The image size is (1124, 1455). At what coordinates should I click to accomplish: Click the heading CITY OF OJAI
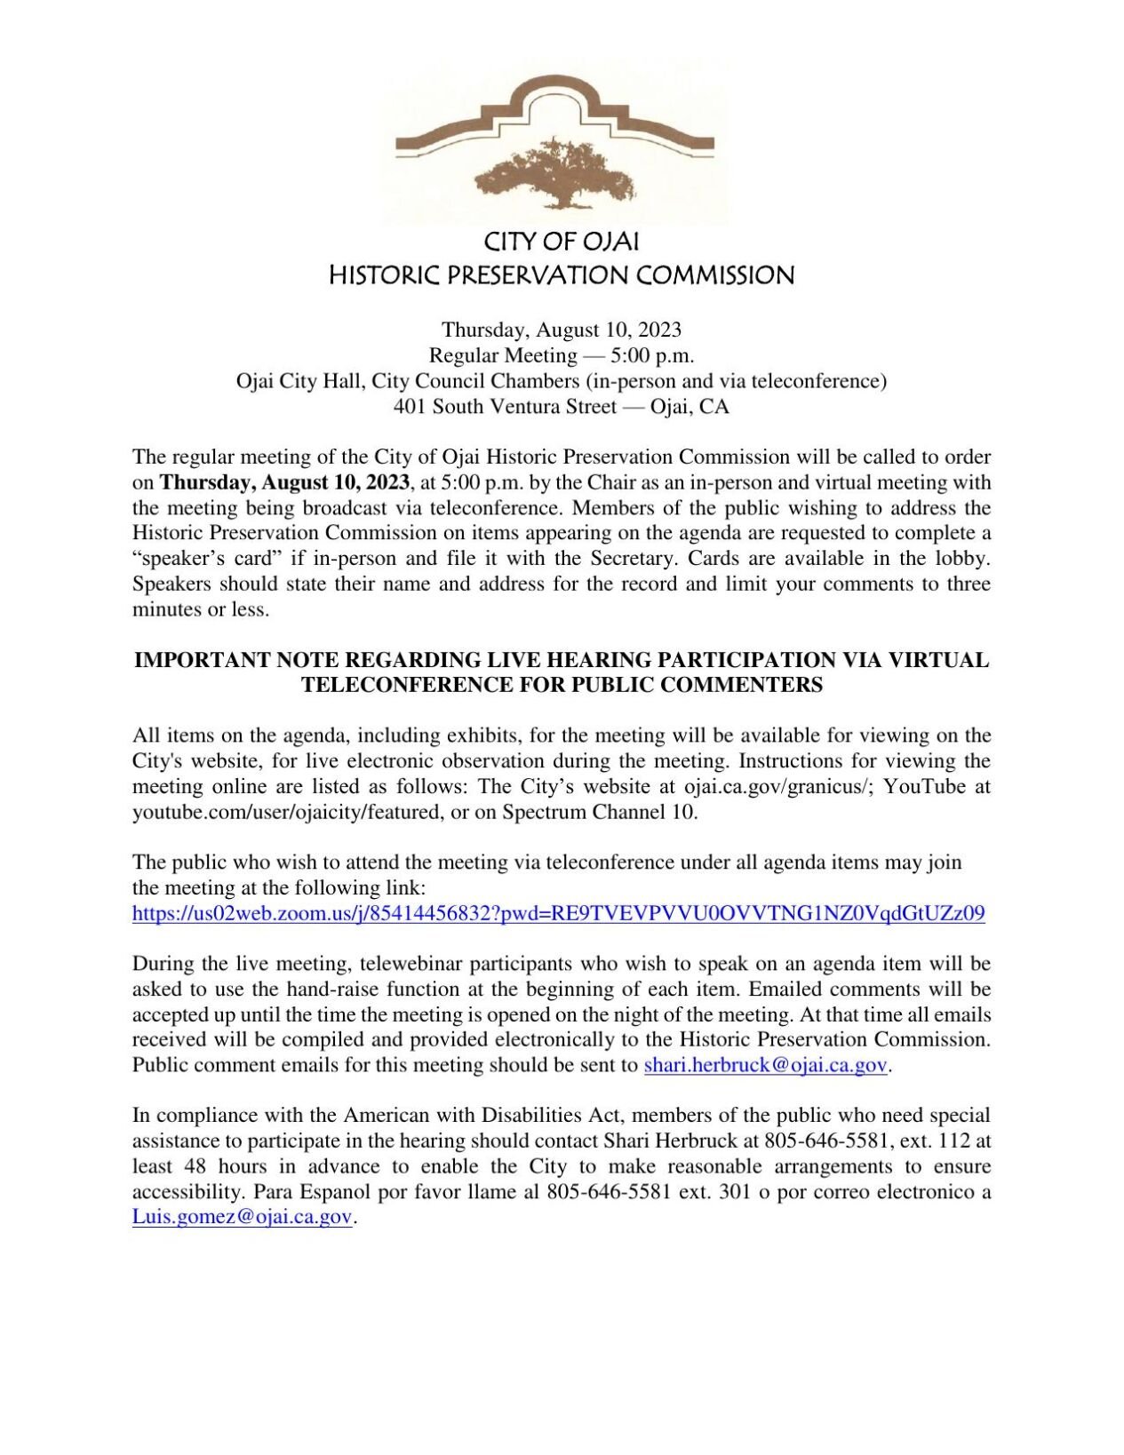pos(561,242)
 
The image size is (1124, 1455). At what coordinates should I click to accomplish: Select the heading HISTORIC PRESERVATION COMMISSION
pos(561,275)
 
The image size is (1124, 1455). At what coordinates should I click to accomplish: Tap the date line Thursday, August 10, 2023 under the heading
pos(561,330)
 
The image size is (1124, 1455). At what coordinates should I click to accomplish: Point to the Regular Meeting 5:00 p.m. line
pos(561,356)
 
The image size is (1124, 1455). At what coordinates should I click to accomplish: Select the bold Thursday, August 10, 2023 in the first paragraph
pos(285,483)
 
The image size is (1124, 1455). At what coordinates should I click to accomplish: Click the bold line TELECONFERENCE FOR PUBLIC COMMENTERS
pos(561,685)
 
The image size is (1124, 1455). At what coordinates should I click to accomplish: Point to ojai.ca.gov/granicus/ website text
pos(776,787)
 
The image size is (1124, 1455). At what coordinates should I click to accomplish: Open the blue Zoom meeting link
pos(558,913)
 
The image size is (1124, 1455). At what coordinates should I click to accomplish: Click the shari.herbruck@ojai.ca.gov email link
pos(765,1065)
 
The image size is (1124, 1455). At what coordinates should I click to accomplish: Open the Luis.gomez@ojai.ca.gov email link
pos(243,1217)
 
